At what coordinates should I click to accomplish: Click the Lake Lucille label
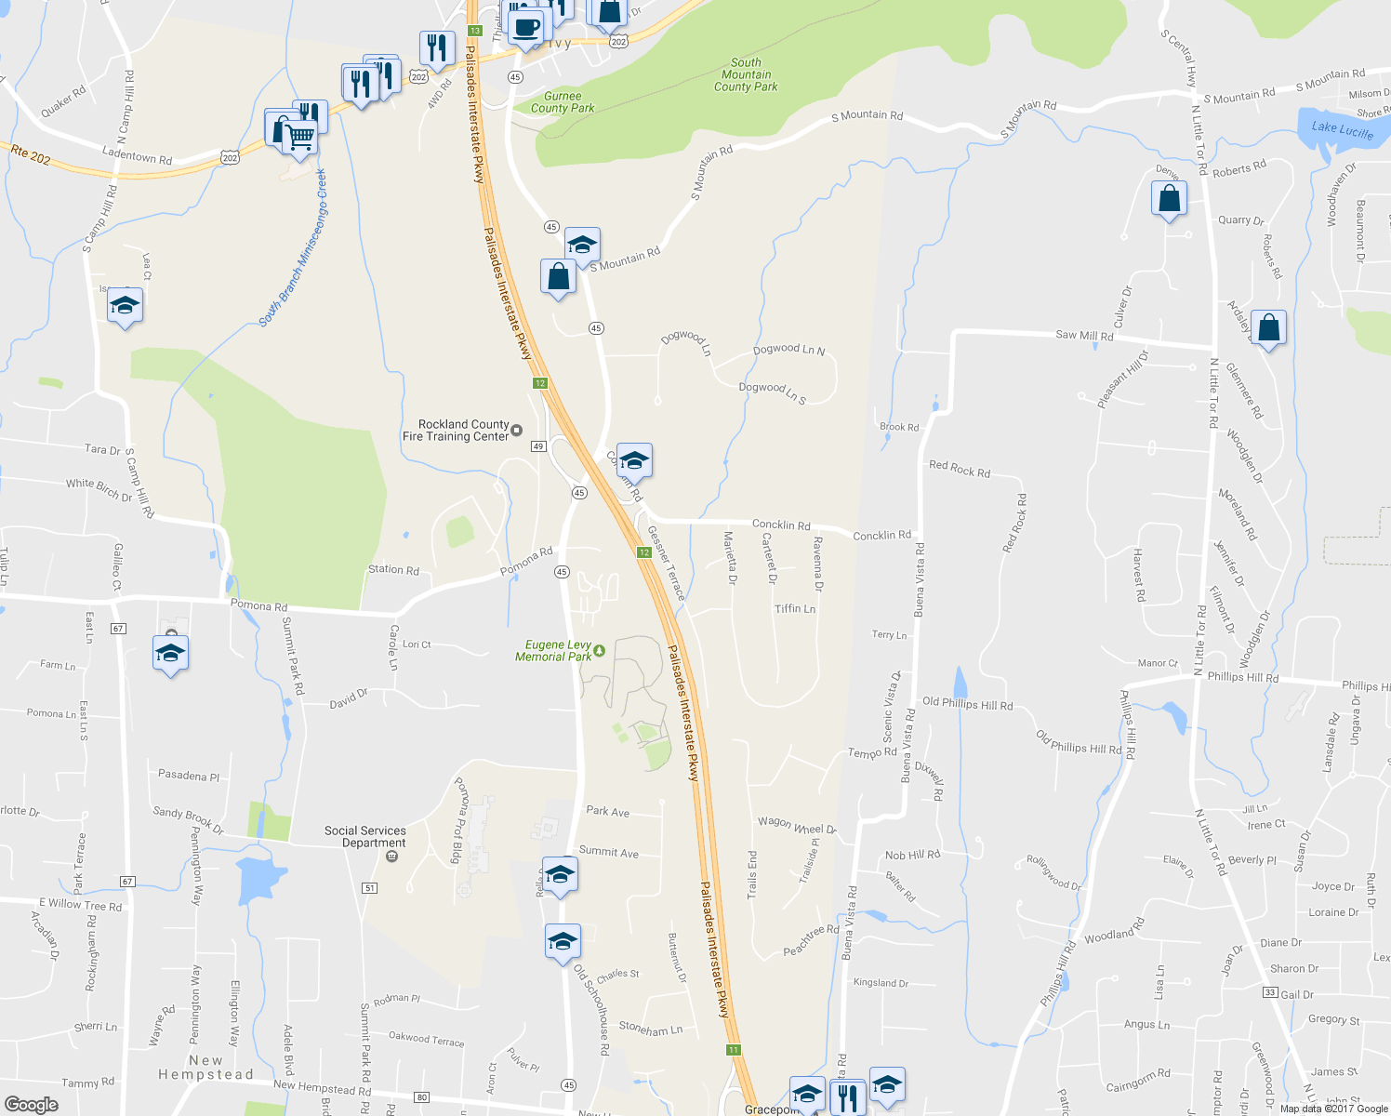(1342, 129)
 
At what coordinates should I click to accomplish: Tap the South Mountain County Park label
(746, 75)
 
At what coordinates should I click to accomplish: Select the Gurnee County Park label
(563, 102)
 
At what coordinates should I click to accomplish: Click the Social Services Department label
(365, 837)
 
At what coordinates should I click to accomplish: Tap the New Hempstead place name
(205, 1068)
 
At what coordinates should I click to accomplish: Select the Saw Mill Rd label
(1084, 336)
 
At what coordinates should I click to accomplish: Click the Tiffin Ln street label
(795, 609)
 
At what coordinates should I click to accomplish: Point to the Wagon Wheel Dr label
(797, 825)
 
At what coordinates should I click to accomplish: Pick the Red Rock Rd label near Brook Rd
(960, 470)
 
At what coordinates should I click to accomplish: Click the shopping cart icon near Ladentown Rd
(299, 137)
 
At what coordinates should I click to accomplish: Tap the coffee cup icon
(526, 26)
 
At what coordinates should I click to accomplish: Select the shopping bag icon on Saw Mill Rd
(1268, 328)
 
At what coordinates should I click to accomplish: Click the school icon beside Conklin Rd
(634, 460)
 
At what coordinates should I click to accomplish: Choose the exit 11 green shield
(734, 1050)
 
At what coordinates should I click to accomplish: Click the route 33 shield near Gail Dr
(1270, 993)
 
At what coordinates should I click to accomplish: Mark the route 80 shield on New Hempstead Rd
(422, 1098)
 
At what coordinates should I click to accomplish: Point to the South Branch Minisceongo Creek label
(294, 248)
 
